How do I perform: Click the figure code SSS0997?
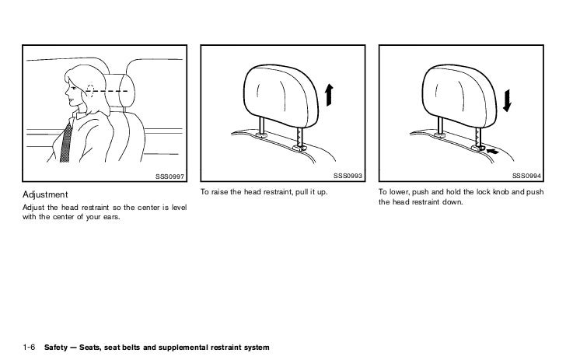pos(169,177)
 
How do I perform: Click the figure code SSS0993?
pos(348,176)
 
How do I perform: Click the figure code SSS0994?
pos(526,176)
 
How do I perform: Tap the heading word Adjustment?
pos(45,194)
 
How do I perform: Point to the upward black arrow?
pos(329,95)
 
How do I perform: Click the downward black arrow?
pos(507,101)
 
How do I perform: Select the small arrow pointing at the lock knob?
pos(493,152)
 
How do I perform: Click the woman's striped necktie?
pos(66,143)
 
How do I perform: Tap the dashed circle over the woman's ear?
pos(90,91)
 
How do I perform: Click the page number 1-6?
pos(29,348)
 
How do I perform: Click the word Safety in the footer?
pos(56,348)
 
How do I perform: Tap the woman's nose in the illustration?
pos(67,91)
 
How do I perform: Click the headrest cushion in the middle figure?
pos(281,95)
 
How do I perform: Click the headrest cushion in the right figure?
pos(459,95)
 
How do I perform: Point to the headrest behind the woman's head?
pos(121,90)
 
